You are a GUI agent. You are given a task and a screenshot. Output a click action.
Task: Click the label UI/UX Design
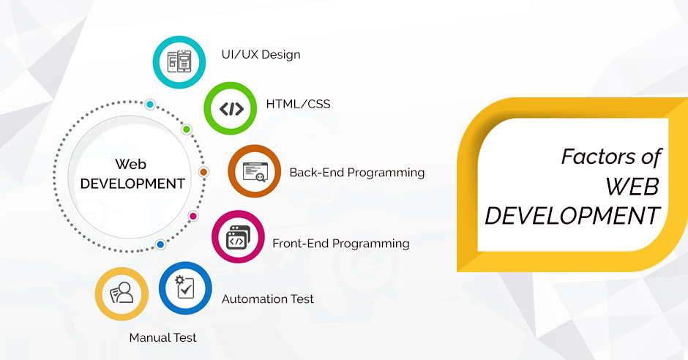click(261, 55)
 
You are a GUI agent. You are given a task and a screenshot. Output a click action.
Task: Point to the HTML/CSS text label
click(298, 104)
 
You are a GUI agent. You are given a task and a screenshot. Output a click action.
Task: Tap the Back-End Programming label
click(356, 173)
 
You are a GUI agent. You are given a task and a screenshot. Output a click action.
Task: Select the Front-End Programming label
click(341, 244)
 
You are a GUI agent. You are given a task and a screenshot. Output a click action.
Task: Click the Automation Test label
click(268, 299)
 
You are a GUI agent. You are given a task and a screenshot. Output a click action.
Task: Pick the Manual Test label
click(162, 337)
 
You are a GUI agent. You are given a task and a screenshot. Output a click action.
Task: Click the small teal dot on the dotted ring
click(150, 105)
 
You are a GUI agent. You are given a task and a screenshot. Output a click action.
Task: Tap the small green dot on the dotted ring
click(187, 130)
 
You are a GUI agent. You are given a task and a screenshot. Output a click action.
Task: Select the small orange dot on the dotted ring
click(203, 172)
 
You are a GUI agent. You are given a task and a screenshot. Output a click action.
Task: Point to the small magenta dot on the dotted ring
click(193, 216)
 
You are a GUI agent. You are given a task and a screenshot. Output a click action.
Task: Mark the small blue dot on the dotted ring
click(160, 244)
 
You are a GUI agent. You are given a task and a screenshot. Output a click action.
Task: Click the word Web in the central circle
click(131, 165)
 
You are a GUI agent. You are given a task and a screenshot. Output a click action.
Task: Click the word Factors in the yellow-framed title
click(599, 157)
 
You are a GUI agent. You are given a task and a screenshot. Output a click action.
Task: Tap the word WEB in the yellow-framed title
click(632, 187)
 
